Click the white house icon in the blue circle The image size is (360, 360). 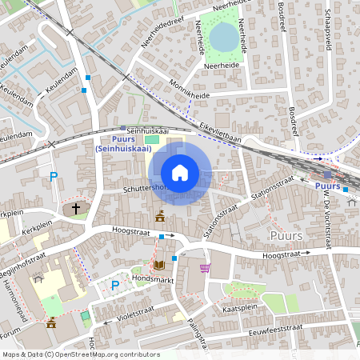click(180, 173)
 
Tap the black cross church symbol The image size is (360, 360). click(76, 209)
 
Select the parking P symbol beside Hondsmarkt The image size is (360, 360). click(114, 286)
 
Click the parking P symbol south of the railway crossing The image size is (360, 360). click(54, 177)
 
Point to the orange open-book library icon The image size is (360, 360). click(158, 264)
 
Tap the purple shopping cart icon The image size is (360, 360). click(205, 268)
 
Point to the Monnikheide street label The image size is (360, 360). click(190, 88)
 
